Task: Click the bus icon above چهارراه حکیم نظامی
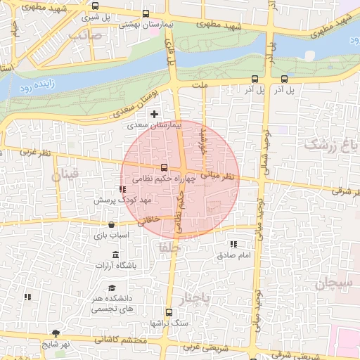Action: click(164, 167)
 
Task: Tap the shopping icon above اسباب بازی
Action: click(112, 225)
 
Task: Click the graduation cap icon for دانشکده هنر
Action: click(112, 288)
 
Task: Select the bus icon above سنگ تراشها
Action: click(168, 312)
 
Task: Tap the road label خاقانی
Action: click(153, 220)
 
